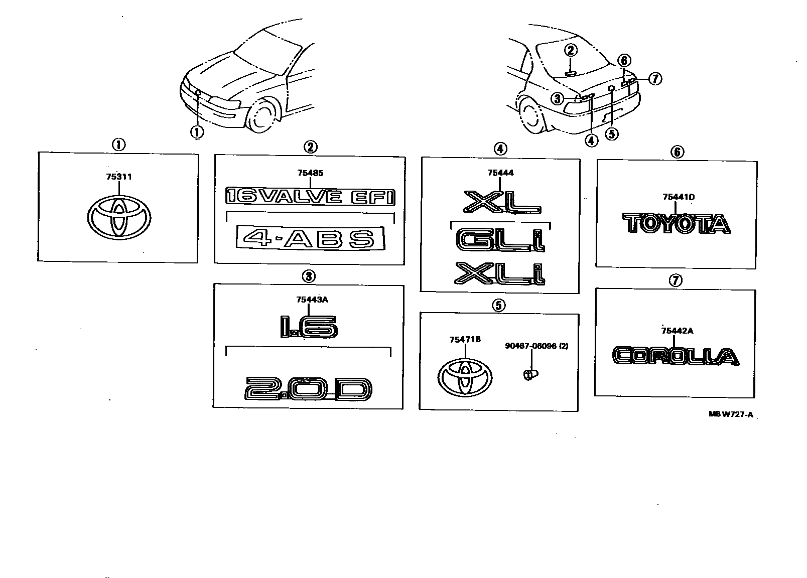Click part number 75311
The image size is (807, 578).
[x=119, y=177]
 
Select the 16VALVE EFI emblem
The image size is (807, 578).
[x=310, y=196]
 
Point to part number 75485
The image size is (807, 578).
[x=310, y=173]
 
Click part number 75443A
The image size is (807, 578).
[x=312, y=300]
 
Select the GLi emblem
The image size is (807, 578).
[x=500, y=240]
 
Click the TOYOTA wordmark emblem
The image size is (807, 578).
[x=676, y=224]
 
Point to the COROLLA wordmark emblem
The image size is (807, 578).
[x=676, y=356]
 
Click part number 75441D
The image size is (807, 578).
[x=678, y=197]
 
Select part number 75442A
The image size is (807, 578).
[x=677, y=330]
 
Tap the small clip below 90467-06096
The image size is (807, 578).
[x=530, y=374]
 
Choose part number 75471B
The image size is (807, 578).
[x=465, y=340]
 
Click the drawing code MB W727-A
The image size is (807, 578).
[x=731, y=414]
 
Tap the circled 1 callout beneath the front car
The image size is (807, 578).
[x=197, y=131]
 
